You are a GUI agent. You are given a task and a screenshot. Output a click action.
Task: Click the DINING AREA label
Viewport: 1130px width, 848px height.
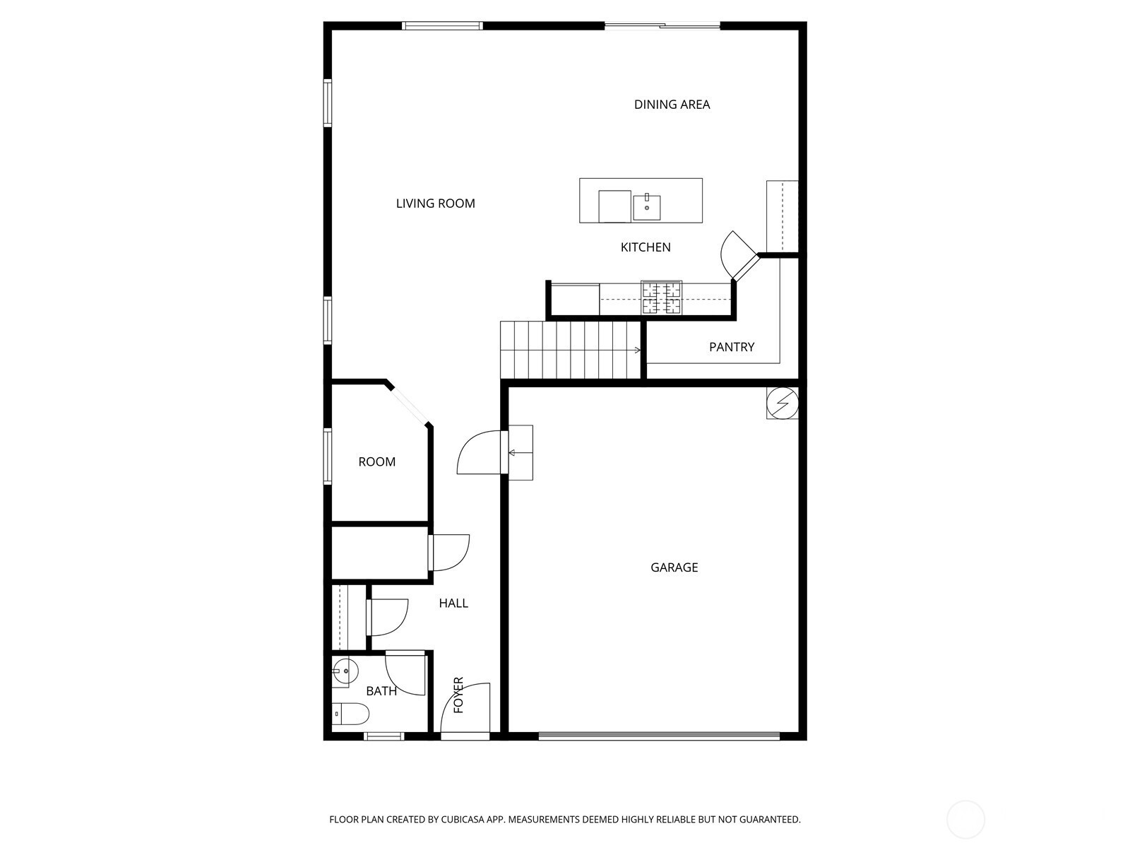pyautogui.click(x=672, y=105)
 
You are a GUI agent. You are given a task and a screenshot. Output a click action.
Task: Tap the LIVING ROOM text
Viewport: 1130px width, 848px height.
pyautogui.click(x=436, y=204)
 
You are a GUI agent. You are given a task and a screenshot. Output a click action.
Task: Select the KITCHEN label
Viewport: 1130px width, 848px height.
pyautogui.click(x=646, y=247)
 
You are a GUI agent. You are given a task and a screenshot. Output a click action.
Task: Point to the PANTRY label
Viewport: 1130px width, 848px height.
pyautogui.click(x=732, y=347)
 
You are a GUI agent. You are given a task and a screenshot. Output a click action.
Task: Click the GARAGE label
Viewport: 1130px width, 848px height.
pyautogui.click(x=674, y=567)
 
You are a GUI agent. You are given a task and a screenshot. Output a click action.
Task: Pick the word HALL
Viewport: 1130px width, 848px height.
pyautogui.click(x=453, y=603)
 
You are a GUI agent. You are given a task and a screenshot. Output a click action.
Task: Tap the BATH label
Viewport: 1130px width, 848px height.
pyautogui.click(x=381, y=691)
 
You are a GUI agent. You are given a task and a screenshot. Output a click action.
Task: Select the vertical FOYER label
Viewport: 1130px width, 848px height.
pyautogui.click(x=458, y=695)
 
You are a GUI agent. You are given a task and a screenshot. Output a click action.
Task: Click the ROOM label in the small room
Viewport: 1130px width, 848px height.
pyautogui.click(x=377, y=462)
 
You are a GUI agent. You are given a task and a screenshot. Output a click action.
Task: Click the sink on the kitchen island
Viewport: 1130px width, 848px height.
pyautogui.click(x=647, y=207)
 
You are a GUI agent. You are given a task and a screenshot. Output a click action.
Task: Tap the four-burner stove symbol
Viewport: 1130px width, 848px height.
pyautogui.click(x=662, y=298)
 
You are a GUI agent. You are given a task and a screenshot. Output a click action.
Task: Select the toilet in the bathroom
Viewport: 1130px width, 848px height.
pyautogui.click(x=350, y=714)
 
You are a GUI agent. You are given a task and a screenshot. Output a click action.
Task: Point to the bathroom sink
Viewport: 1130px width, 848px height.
pyautogui.click(x=344, y=671)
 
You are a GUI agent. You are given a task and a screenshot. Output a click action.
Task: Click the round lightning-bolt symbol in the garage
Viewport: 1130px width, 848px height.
pyautogui.click(x=782, y=403)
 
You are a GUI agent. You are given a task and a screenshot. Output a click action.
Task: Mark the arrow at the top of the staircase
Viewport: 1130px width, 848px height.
pyautogui.click(x=637, y=350)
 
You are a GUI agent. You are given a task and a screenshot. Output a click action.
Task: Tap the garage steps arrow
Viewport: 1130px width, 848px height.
pyautogui.click(x=521, y=453)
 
